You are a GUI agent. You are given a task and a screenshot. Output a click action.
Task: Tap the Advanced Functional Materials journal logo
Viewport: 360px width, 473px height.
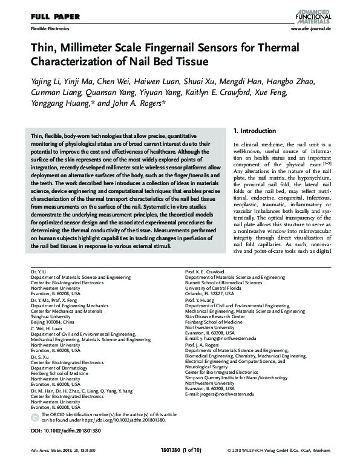[313, 13]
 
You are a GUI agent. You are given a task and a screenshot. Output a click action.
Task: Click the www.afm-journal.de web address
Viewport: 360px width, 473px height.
[310, 29]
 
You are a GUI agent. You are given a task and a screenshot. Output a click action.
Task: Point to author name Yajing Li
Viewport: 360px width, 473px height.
[44, 82]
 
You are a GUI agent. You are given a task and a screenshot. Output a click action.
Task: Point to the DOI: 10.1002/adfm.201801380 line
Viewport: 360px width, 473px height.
[57, 431]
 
